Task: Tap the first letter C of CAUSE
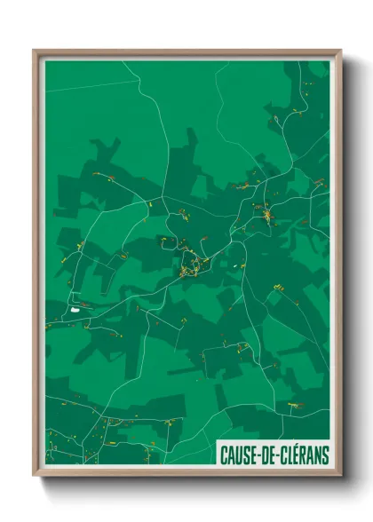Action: coord(224,455)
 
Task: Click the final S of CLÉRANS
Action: coord(324,455)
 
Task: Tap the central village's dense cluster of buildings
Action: coord(190,265)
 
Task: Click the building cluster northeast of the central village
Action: coord(265,213)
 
